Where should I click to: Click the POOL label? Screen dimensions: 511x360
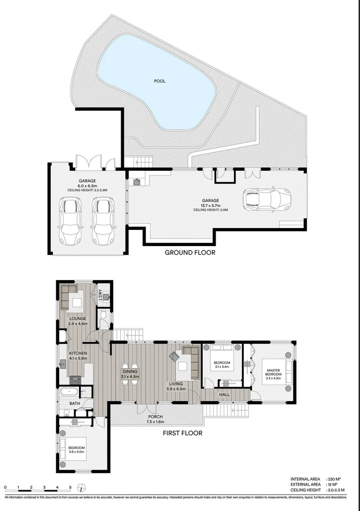click(160, 81)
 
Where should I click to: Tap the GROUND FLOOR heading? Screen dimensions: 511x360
click(190, 253)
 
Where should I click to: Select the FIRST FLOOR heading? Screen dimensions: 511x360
click(183, 433)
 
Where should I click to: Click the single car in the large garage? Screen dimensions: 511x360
click(266, 199)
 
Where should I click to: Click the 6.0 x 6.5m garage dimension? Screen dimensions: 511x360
click(87, 186)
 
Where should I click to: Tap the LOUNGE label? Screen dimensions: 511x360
click(78, 318)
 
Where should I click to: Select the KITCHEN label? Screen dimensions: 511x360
click(78, 353)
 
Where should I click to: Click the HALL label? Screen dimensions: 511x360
click(224, 394)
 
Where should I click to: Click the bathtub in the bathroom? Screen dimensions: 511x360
click(69, 392)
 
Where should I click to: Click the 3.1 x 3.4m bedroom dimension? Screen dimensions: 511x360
click(221, 366)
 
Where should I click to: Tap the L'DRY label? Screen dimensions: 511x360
click(100, 294)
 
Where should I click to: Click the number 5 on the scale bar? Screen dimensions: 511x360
click(70, 487)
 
